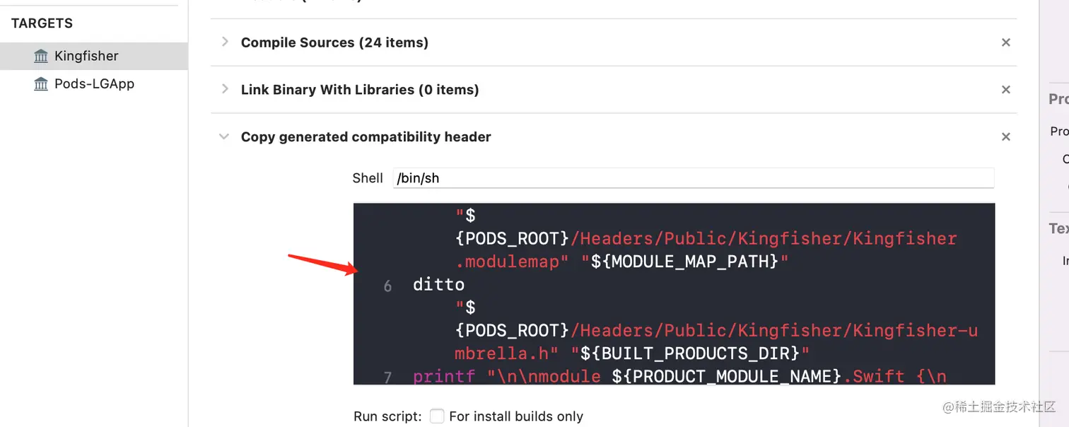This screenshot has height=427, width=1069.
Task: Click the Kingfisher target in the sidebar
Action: (86, 56)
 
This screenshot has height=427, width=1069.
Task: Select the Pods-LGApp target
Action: (93, 83)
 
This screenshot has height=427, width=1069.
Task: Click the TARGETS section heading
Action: (42, 23)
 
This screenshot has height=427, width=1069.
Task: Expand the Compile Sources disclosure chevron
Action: (225, 42)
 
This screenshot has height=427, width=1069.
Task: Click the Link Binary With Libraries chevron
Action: (225, 89)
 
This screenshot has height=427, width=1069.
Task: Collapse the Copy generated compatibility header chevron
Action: (224, 136)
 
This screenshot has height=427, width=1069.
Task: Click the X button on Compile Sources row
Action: (1005, 42)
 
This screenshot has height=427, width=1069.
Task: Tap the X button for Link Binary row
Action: (1005, 90)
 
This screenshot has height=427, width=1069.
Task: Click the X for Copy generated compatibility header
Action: (1005, 136)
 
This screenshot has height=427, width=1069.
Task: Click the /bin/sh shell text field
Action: (693, 178)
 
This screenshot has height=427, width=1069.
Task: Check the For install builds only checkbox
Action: (437, 416)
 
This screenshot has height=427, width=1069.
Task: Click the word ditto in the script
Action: (438, 284)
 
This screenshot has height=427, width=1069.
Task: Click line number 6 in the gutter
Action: (387, 286)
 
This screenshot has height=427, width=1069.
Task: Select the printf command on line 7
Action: (444, 376)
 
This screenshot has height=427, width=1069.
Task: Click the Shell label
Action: (368, 178)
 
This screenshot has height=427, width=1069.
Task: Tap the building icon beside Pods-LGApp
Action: (41, 84)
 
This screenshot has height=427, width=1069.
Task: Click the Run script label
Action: (387, 416)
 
